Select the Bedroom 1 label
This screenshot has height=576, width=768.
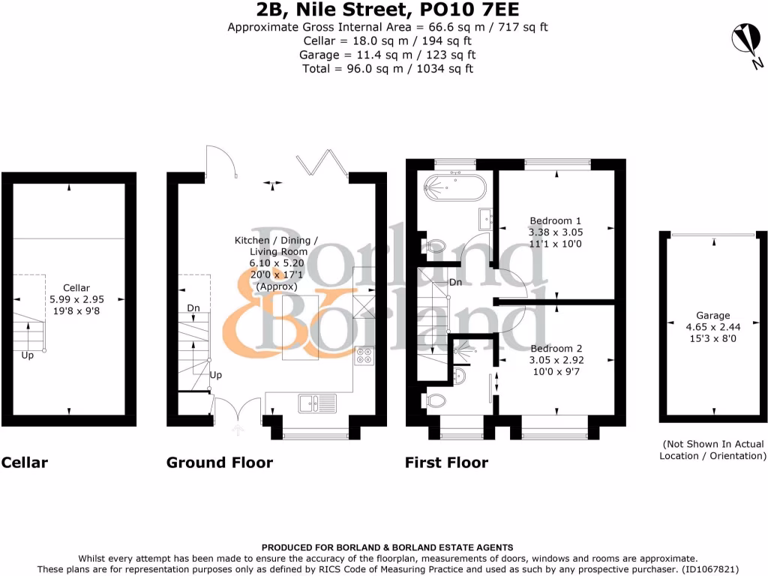click(x=556, y=220)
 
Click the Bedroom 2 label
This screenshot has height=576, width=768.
click(x=556, y=349)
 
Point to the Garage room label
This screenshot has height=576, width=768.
click(x=712, y=316)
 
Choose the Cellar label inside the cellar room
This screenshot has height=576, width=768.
click(x=76, y=287)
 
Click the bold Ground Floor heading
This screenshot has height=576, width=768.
click(x=220, y=462)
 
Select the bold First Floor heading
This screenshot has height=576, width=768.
click(x=446, y=462)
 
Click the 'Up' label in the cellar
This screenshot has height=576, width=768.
click(x=28, y=355)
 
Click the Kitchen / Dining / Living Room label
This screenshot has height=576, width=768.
click(x=276, y=240)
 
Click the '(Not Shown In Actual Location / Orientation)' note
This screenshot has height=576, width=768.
click(x=712, y=450)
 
